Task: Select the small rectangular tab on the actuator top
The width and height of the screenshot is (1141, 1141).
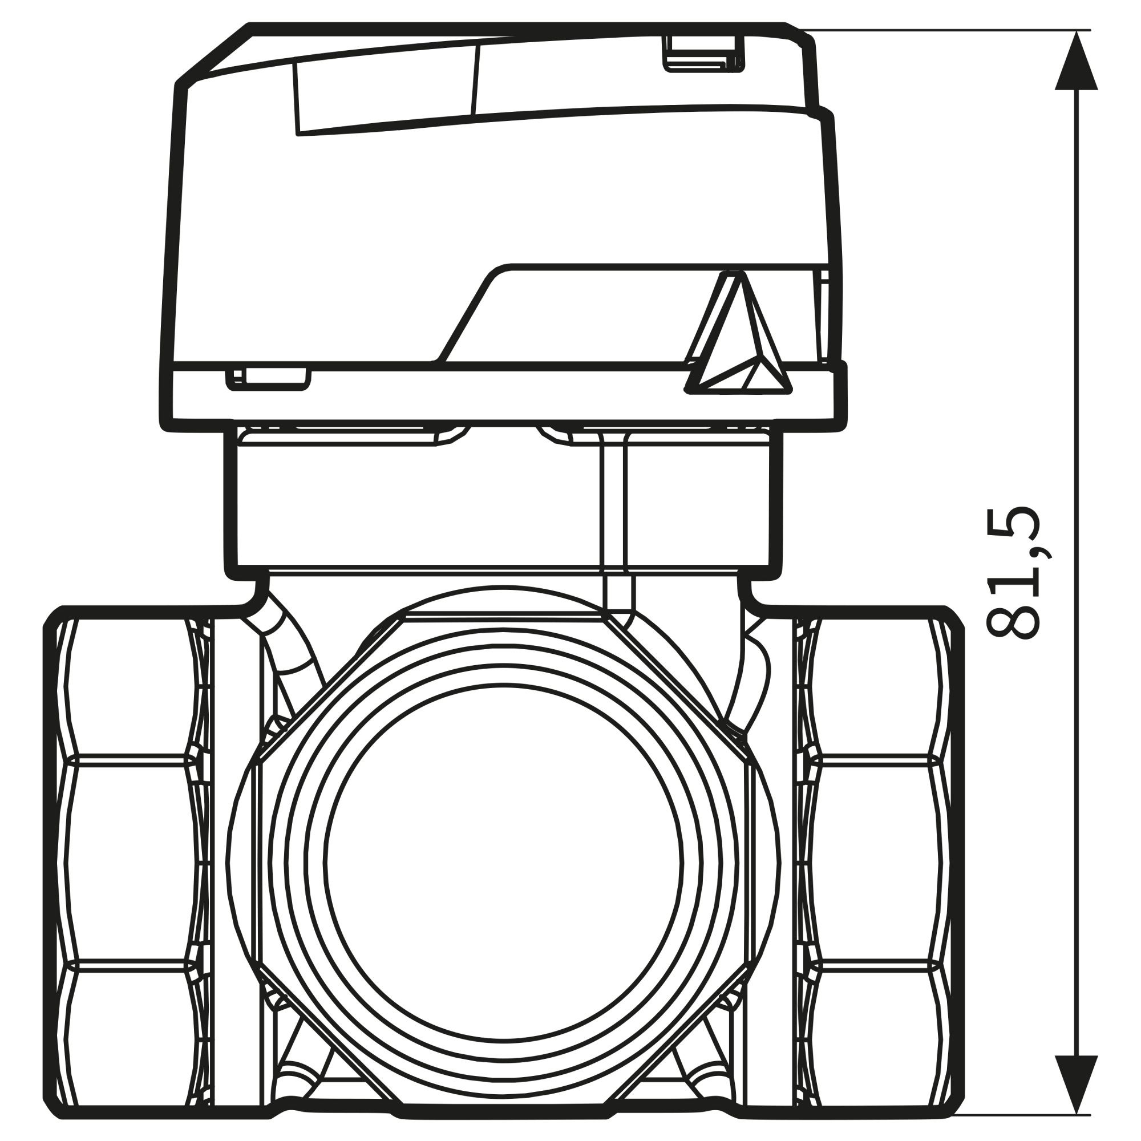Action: pos(705,54)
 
